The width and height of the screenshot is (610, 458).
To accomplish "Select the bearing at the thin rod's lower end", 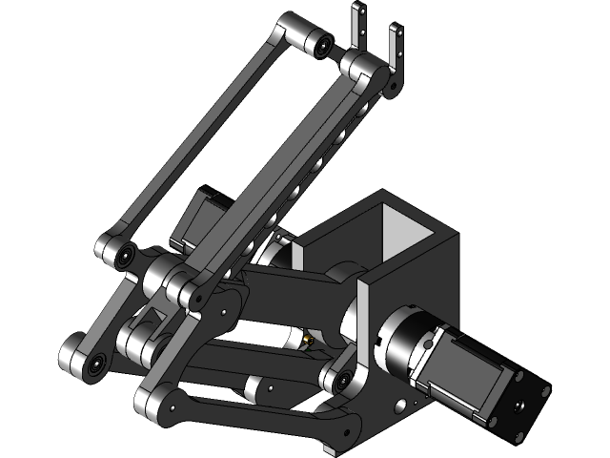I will pyautogui.click(x=123, y=255).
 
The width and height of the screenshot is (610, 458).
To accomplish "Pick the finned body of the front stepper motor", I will pyautogui.click(x=467, y=372).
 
